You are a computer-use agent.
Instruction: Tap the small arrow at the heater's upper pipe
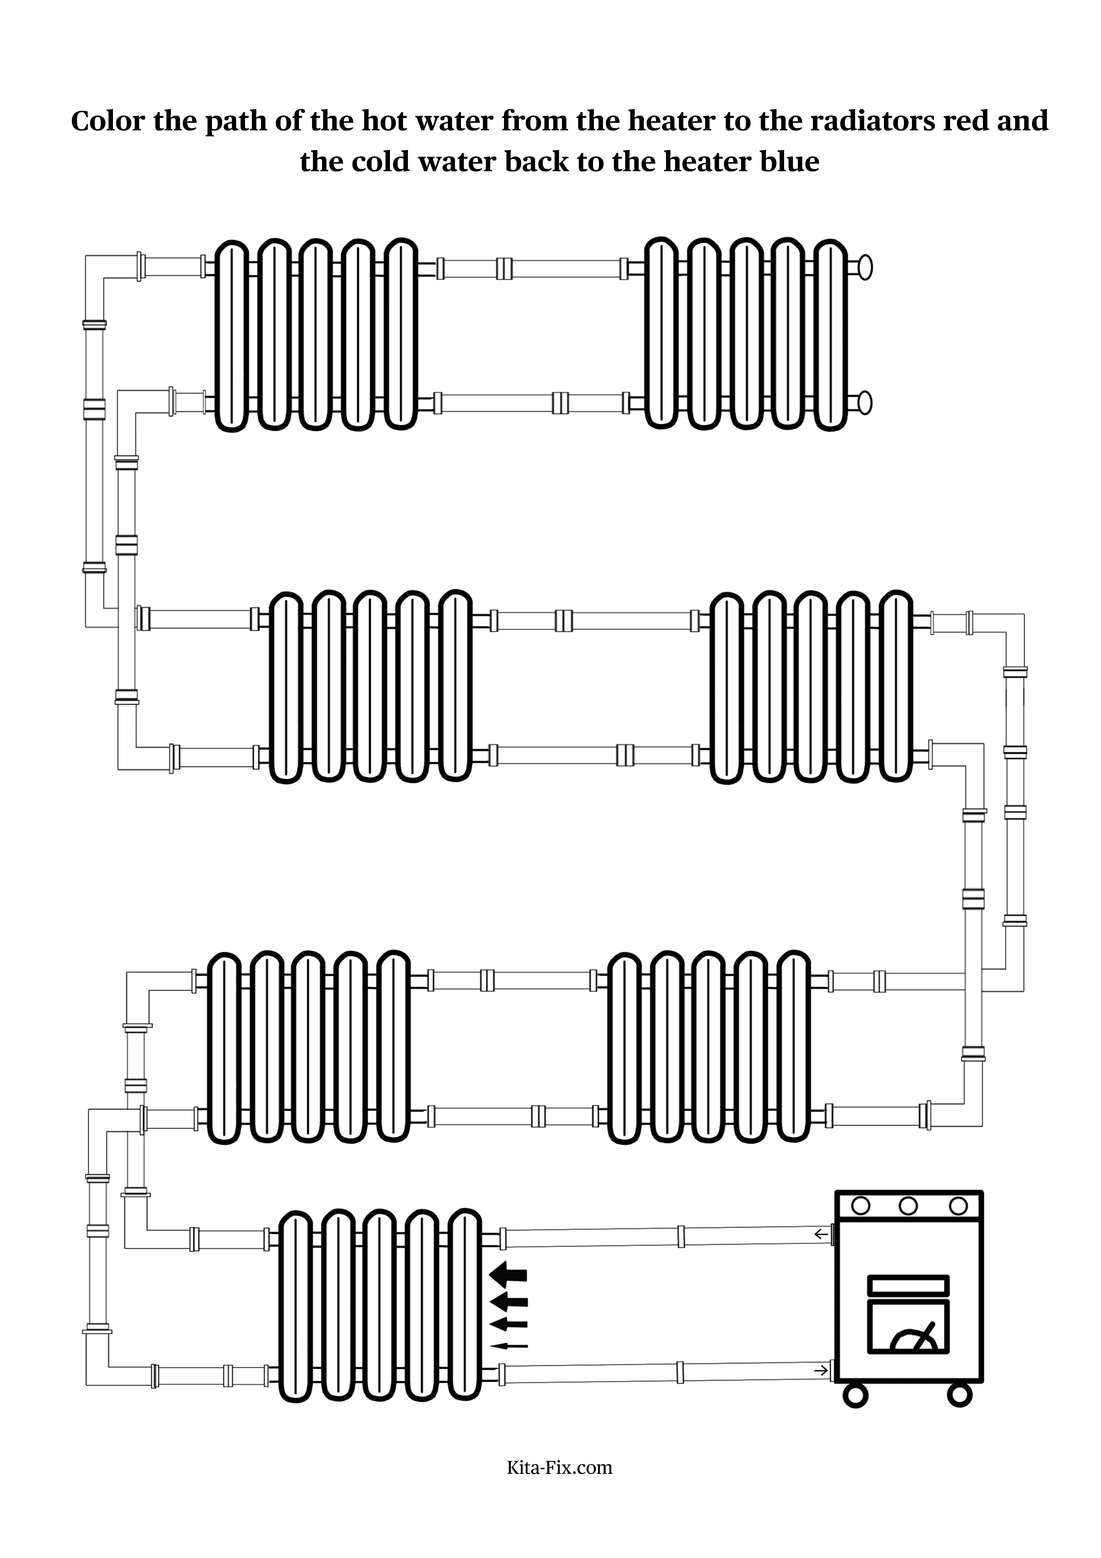pyautogui.click(x=822, y=1234)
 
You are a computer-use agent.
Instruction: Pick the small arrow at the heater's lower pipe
pyautogui.click(x=822, y=1366)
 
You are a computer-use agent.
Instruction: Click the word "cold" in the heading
pyautogui.click(x=378, y=162)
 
